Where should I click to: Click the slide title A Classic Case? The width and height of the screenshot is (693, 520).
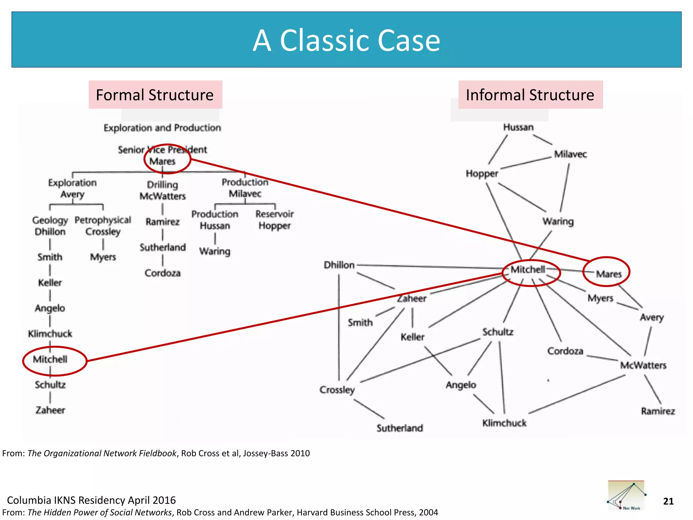[346, 40]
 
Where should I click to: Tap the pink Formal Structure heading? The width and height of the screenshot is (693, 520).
[155, 95]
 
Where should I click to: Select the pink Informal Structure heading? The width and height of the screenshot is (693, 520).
[530, 95]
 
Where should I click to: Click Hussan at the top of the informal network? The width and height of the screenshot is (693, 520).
[518, 127]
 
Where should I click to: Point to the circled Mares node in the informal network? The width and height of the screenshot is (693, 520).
[608, 274]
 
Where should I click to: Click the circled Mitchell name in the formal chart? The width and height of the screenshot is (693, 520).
[50, 359]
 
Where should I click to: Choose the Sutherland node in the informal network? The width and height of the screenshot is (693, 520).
[400, 428]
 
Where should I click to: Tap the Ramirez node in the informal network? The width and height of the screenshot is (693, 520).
[658, 411]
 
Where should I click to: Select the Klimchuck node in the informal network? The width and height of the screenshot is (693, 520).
[504, 423]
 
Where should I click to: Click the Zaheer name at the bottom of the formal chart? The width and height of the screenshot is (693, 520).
[50, 410]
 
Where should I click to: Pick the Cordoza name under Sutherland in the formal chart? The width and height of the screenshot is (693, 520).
[162, 273]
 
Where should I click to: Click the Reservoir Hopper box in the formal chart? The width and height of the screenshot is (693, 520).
[274, 220]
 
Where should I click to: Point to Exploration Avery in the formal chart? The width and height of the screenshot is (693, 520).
[72, 188]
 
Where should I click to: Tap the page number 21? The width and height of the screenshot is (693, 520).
[668, 501]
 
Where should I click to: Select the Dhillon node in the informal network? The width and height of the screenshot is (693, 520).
[339, 265]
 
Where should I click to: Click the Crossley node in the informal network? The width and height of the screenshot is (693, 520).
[337, 390]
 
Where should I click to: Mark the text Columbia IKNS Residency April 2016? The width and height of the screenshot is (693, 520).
[91, 500]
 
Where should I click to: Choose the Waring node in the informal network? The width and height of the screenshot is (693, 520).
[558, 221]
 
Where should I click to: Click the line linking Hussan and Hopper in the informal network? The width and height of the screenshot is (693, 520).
[498, 149]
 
